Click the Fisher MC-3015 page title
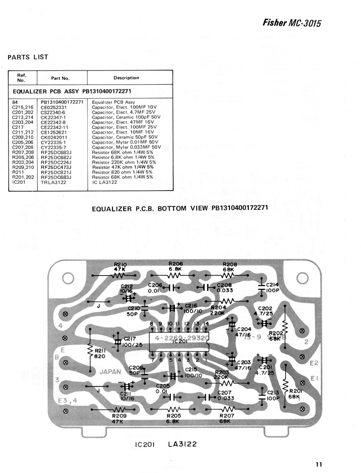291,23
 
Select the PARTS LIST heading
28,57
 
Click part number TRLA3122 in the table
53,182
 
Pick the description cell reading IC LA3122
104,182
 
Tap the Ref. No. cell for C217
18,127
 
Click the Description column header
126,78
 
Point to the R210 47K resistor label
120,267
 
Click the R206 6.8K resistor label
176,266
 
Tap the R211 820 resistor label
100,354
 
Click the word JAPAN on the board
110,372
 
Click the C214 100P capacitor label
272,288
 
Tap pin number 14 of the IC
206,323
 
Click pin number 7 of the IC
153,360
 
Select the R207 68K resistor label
227,418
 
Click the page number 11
318,464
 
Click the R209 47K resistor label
119,419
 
